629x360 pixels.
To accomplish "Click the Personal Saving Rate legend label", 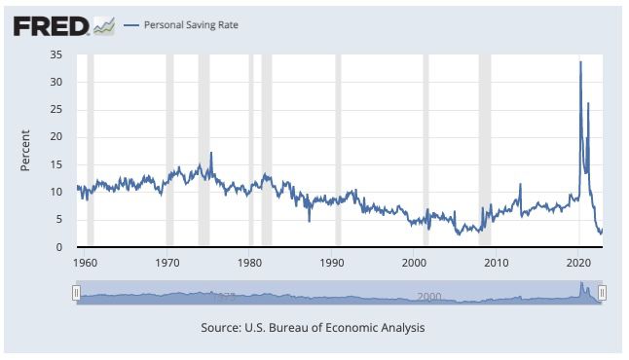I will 190,24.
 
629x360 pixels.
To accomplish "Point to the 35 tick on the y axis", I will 55,54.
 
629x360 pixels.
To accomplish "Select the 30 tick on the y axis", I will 55,82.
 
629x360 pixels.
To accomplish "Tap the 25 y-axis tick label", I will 55,109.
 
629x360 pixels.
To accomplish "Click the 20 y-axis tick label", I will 55,137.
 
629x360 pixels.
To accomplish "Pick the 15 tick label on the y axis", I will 55,164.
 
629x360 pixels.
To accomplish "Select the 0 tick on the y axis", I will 58,247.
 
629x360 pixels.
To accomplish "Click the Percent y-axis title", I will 26,151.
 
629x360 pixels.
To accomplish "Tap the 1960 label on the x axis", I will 85,263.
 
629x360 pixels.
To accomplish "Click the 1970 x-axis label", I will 167,263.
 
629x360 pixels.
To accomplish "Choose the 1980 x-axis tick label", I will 249,263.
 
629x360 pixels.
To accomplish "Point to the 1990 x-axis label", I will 332,263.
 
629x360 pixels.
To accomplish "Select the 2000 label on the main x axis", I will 414,263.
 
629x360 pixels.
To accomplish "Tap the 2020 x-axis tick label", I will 578,263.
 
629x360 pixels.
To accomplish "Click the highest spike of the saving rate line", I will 580,62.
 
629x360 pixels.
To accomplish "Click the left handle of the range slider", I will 76,293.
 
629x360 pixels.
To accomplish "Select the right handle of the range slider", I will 602,293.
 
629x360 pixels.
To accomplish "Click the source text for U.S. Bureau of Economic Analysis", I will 313,328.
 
